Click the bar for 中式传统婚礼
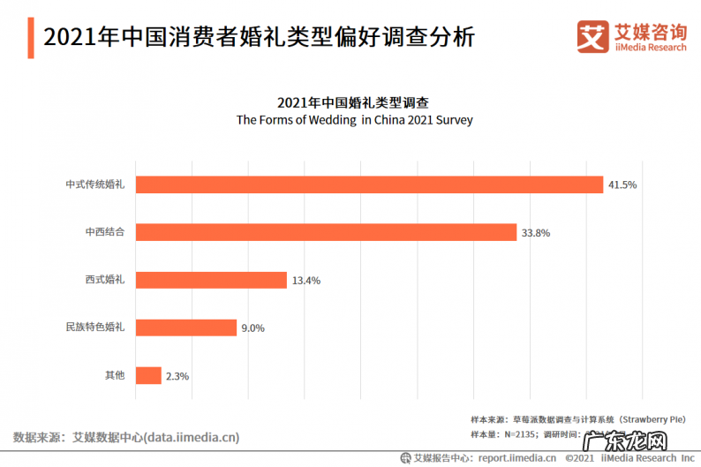pos(369,185)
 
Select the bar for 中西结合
pos(326,232)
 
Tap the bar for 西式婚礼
pos(211,280)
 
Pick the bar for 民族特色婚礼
pos(186,328)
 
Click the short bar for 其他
pos(148,375)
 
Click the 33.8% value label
pos(537,233)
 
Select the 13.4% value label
pos(305,281)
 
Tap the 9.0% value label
pos(253,328)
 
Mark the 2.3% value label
pos(177,376)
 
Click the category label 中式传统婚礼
pos(95,185)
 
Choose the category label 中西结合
pos(105,232)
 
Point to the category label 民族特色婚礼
pos(95,328)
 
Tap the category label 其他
pos(115,375)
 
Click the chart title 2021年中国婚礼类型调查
pos(353,102)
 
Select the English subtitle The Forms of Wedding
pos(354,120)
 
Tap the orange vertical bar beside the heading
pos(30,37)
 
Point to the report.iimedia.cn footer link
pos(516,458)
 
